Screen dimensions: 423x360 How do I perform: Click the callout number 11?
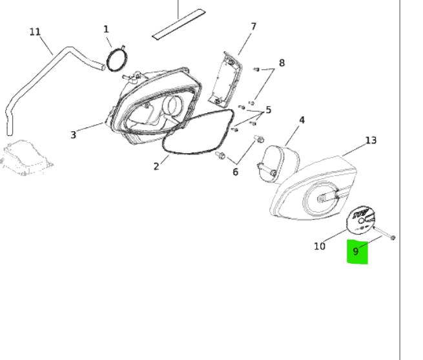click(x=35, y=32)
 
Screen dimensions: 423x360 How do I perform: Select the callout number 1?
click(x=106, y=29)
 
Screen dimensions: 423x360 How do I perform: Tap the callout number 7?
click(x=253, y=26)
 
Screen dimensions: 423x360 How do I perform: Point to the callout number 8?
click(x=282, y=63)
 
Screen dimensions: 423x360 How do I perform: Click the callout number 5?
click(x=268, y=110)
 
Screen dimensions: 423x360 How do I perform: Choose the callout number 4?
click(x=302, y=120)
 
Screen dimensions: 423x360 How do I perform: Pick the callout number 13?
click(x=371, y=140)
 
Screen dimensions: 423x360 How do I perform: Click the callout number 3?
click(x=73, y=135)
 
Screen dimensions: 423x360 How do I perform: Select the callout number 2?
click(x=156, y=166)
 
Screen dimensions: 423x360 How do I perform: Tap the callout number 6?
click(x=235, y=172)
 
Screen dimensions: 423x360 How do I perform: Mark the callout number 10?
click(x=320, y=246)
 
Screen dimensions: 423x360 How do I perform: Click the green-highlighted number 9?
click(x=356, y=251)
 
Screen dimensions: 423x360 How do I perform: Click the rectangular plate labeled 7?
click(x=226, y=79)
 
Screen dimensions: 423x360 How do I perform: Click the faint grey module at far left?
click(x=26, y=158)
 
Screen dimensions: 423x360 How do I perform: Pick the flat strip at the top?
click(x=179, y=25)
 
